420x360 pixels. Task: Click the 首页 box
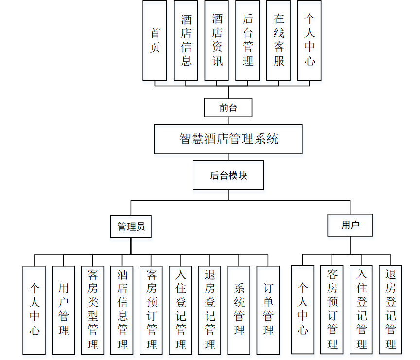155,40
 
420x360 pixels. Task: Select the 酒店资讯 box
217,40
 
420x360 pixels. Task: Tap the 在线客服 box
279,40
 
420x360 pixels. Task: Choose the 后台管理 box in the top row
247,40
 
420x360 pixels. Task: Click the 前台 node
228,108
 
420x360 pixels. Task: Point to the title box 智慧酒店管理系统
228,139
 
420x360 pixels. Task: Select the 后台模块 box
228,175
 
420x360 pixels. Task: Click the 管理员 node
131,227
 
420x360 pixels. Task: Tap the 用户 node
350,225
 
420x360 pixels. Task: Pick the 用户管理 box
63,310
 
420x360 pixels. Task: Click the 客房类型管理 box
92,310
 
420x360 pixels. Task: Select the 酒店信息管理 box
122,310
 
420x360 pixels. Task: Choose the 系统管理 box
239,310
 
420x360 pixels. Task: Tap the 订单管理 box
268,310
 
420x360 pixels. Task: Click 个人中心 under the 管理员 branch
34,310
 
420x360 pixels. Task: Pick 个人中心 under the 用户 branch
302,309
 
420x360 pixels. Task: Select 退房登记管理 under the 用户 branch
390,309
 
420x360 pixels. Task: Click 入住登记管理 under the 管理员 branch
180,310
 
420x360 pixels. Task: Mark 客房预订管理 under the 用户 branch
332,309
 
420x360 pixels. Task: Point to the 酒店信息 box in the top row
186,40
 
